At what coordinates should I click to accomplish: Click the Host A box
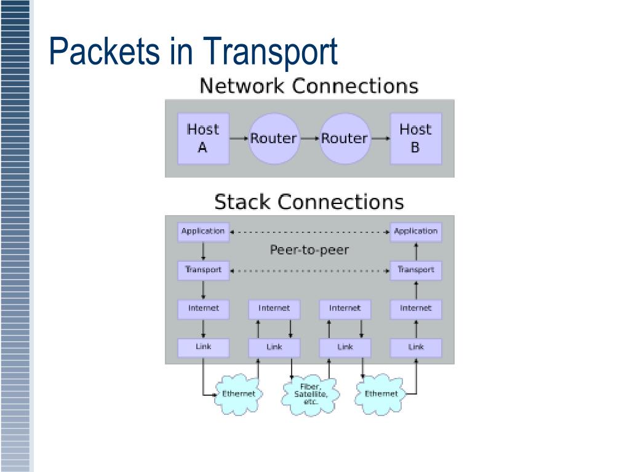(203, 138)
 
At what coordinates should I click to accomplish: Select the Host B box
(416, 138)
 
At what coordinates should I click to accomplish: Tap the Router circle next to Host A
(274, 138)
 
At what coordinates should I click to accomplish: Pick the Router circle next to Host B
(345, 138)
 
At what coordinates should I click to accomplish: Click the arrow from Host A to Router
(239, 138)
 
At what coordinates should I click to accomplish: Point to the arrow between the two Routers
(310, 138)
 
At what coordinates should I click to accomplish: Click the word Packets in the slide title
(104, 51)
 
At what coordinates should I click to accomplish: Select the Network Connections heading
(309, 86)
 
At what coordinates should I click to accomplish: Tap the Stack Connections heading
(309, 202)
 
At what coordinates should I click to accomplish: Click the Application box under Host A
(203, 232)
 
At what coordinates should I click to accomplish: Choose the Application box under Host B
(416, 232)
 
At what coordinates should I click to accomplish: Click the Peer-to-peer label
(309, 250)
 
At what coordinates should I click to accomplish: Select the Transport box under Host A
(203, 270)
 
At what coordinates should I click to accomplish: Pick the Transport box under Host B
(416, 270)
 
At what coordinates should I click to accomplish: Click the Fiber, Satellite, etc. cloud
(311, 394)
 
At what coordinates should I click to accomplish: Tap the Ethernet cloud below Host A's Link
(239, 394)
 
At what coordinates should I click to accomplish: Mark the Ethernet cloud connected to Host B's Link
(380, 394)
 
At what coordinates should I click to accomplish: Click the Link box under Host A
(203, 348)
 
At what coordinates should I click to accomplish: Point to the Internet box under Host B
(416, 309)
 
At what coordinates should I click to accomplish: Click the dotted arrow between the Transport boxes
(310, 271)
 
